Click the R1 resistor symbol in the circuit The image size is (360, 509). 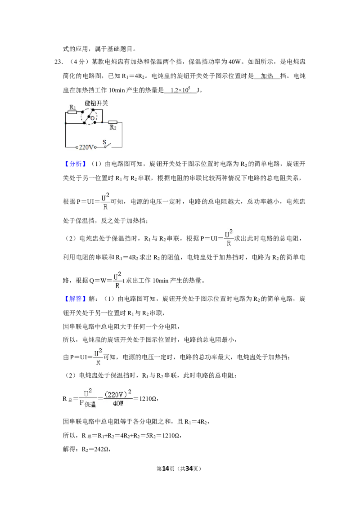pyautogui.click(x=72, y=112)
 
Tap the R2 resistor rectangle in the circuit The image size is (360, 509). pyautogui.click(x=112, y=122)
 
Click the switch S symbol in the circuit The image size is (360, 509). pyautogui.click(x=107, y=145)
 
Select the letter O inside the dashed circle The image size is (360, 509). pyautogui.click(x=92, y=119)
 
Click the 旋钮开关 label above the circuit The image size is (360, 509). pyautogui.click(x=96, y=103)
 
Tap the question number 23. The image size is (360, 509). pyautogui.click(x=58, y=62)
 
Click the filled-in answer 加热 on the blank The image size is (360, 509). pyautogui.click(x=267, y=76)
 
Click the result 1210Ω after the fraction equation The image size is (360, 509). pyautogui.click(x=148, y=399)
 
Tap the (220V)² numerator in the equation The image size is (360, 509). pyautogui.click(x=118, y=394)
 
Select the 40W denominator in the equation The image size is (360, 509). pyautogui.click(x=118, y=403)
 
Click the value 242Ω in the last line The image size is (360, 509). pyautogui.click(x=99, y=449)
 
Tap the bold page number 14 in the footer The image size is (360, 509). pyautogui.click(x=166, y=469)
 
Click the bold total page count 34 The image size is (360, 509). pyautogui.click(x=189, y=469)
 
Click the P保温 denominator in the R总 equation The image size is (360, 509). pyautogui.click(x=88, y=403)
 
